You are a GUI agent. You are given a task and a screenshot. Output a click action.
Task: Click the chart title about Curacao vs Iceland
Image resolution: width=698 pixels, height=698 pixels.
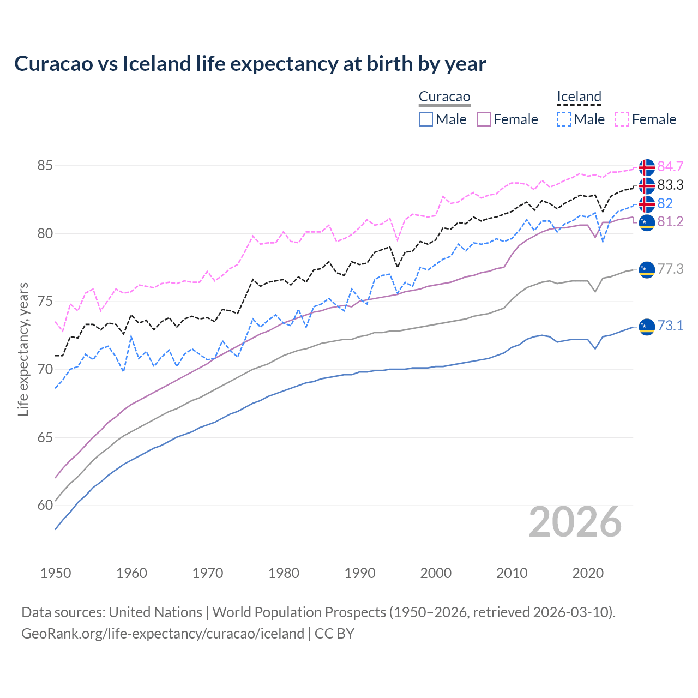click(250, 64)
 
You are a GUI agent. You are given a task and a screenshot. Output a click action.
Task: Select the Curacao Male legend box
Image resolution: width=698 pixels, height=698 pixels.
click(426, 119)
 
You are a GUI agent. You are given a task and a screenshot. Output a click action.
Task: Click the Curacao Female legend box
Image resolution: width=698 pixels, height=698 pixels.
click(484, 119)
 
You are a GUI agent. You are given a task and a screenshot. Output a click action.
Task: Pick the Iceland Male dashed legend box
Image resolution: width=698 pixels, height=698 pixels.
click(564, 119)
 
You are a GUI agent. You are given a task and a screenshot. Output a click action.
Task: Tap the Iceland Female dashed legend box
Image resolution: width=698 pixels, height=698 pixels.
click(622, 119)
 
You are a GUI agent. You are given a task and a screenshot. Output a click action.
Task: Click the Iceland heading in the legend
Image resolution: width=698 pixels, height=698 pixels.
click(579, 97)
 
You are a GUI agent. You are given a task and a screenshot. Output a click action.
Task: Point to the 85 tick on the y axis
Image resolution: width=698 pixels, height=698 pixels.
click(45, 165)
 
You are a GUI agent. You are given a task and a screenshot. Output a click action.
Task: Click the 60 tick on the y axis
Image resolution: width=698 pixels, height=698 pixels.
click(45, 506)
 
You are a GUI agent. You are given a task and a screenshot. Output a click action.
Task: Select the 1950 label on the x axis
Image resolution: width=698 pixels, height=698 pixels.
click(56, 573)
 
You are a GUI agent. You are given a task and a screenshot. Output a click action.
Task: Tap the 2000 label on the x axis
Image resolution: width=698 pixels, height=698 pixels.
click(436, 573)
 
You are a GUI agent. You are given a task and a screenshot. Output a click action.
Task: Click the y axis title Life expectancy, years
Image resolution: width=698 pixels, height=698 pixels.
click(23, 349)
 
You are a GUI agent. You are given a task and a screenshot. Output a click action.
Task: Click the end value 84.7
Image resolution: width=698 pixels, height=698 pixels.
click(670, 166)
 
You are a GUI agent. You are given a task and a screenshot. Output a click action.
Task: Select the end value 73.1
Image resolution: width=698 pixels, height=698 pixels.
click(670, 326)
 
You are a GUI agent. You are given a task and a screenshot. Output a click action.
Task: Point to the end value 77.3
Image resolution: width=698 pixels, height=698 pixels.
click(670, 269)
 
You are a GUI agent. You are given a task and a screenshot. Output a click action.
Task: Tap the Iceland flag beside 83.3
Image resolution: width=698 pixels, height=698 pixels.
click(647, 185)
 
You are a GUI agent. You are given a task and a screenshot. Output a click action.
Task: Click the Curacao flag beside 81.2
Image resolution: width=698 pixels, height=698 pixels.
click(647, 222)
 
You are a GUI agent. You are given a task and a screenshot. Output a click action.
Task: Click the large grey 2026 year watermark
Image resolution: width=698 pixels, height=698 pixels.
click(575, 522)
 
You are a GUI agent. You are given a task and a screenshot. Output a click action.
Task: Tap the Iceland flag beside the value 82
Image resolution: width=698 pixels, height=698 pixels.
click(647, 204)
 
